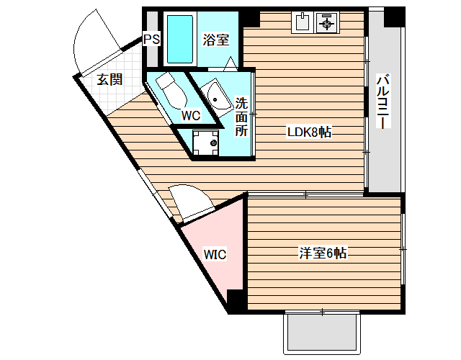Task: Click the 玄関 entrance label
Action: (x=109, y=79)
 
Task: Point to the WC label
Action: (x=190, y=114)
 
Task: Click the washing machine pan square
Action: (x=206, y=142)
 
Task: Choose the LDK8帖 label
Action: (x=309, y=132)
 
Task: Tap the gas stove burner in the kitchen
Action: (x=328, y=22)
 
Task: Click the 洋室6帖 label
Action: (x=323, y=253)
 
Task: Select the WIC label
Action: (x=215, y=254)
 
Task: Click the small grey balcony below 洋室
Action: (x=322, y=335)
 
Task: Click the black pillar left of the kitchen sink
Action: (x=251, y=18)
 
